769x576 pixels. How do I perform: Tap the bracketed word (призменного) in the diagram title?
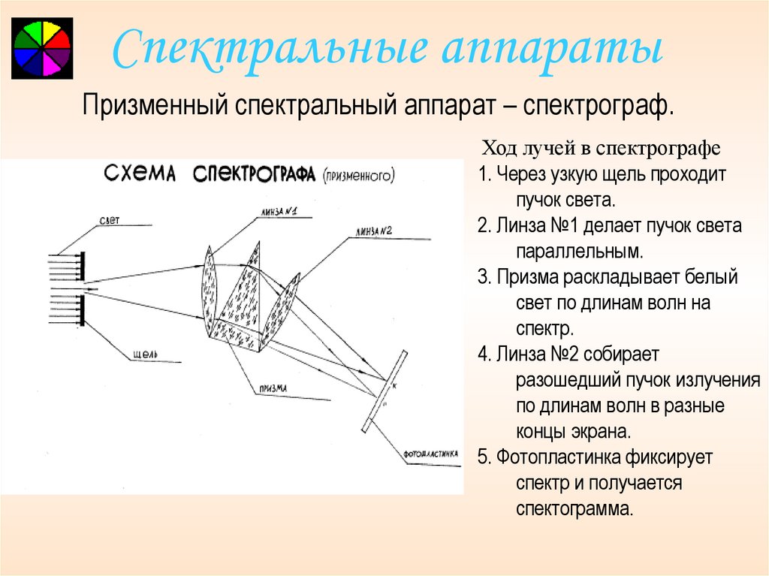pos(359,177)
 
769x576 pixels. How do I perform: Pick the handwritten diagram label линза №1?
pos(278,213)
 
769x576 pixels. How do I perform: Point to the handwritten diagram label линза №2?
pos(375,231)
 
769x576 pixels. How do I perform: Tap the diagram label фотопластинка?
pos(430,454)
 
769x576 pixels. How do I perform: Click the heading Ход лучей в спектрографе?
pos(600,146)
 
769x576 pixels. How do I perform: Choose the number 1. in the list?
pos(484,174)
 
